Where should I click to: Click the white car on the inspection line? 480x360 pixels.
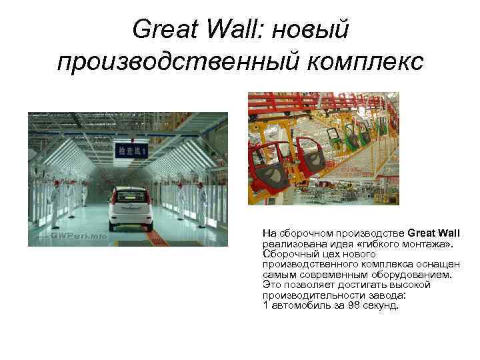click(131, 209)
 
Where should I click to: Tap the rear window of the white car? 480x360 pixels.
click(131, 197)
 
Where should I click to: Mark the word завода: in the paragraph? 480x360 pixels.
click(387, 295)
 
